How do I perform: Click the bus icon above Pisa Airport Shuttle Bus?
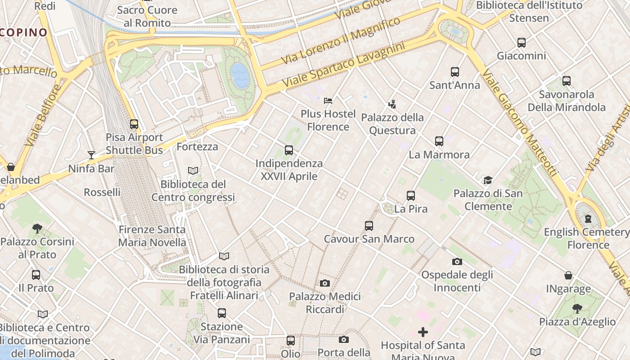tap(134, 124)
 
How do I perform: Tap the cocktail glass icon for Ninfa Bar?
tap(91, 155)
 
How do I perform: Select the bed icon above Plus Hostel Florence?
tap(328, 100)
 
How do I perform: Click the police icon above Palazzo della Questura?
tap(392, 104)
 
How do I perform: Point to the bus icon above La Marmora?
tap(439, 141)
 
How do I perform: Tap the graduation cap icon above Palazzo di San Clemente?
tap(488, 180)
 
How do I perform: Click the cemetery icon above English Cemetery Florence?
tap(588, 219)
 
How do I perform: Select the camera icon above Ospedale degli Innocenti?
tap(457, 261)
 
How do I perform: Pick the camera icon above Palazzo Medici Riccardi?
tap(324, 283)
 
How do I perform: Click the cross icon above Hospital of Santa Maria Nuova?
tap(423, 332)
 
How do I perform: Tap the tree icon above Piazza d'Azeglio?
tap(577, 308)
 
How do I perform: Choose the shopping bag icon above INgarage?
tap(568, 275)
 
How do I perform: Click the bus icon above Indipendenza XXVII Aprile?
tap(289, 150)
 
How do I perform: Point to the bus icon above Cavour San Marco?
tap(369, 226)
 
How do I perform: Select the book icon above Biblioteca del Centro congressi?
tap(193, 171)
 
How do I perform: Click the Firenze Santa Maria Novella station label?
tap(152, 236)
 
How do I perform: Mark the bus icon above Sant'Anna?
tap(455, 72)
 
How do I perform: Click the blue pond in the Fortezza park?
tap(240, 75)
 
